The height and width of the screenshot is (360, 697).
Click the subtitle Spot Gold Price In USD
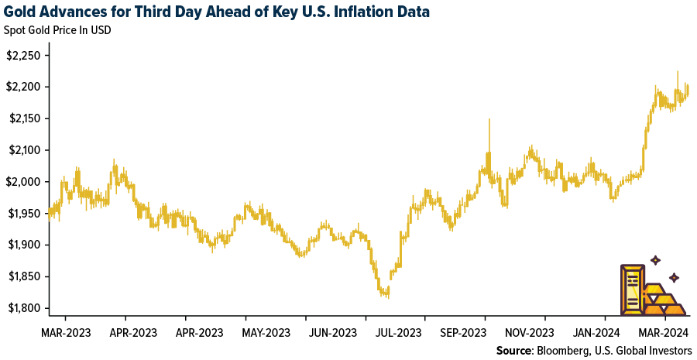coord(63,32)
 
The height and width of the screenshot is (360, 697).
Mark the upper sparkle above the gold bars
coord(655,260)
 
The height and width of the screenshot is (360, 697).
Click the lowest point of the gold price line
coord(386,296)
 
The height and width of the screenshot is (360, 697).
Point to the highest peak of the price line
coord(678,72)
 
